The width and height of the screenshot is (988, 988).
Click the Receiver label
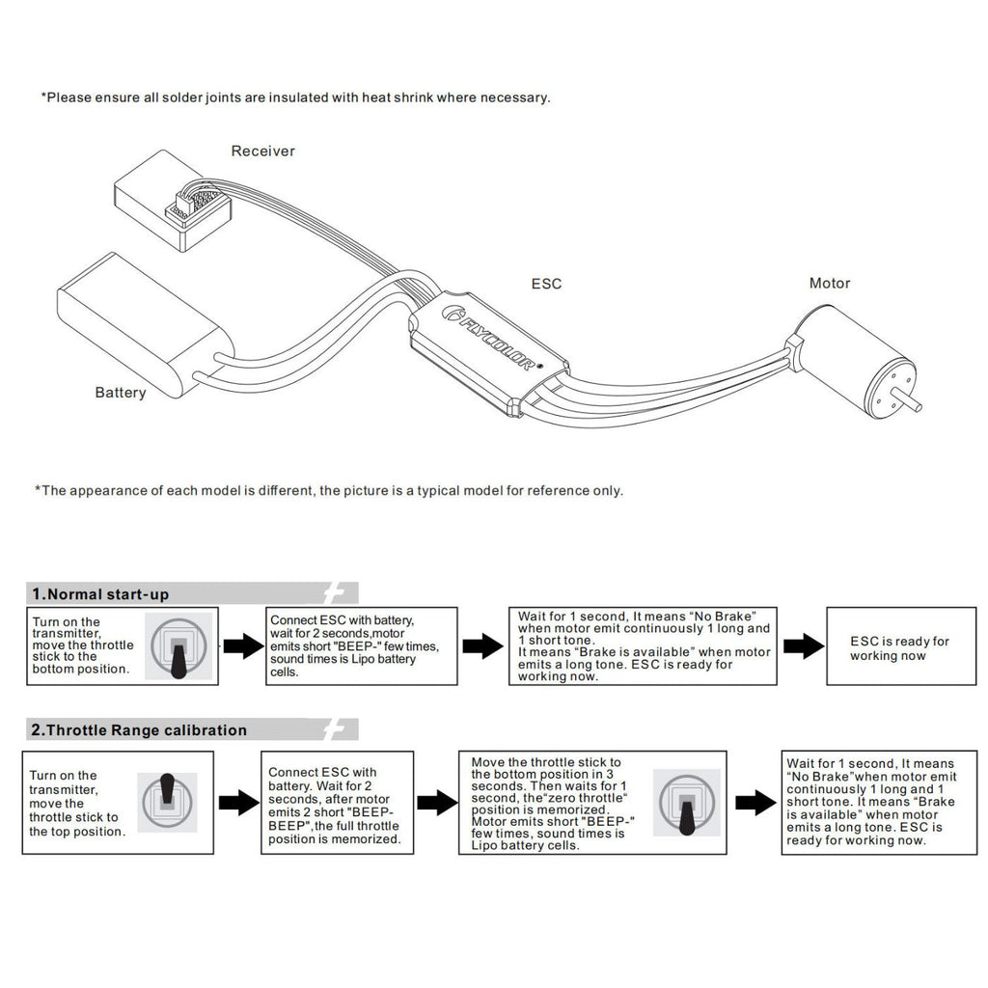262,151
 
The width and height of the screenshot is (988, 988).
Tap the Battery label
121,393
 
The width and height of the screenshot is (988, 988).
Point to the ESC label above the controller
546,284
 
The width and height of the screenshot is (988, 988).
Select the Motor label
830,284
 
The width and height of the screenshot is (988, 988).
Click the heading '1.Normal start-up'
100,594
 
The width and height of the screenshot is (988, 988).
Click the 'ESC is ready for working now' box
899,647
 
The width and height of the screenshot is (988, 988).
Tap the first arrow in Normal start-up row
243,646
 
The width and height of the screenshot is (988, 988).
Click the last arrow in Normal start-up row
803,646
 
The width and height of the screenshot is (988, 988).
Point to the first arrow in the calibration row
237,802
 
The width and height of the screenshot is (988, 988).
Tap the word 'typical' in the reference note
432,490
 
